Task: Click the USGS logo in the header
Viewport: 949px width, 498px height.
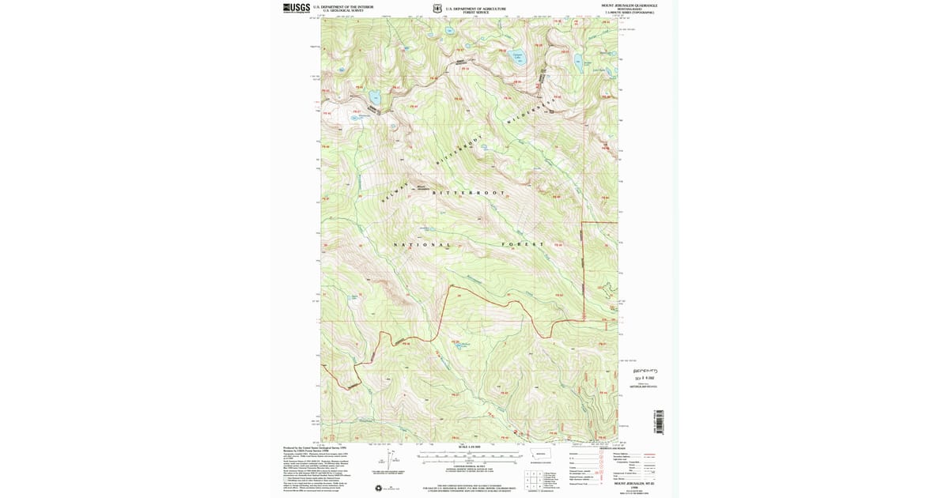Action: tap(297, 8)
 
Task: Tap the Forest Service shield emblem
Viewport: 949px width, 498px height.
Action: tap(437, 9)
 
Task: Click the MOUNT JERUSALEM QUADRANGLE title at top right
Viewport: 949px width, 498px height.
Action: tap(630, 6)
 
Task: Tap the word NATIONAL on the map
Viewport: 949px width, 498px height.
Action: tap(422, 245)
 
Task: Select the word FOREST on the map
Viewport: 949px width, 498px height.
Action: tap(523, 245)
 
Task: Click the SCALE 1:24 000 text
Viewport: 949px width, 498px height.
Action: tap(468, 447)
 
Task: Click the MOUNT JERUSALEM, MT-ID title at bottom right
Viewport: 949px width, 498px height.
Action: tap(630, 483)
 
